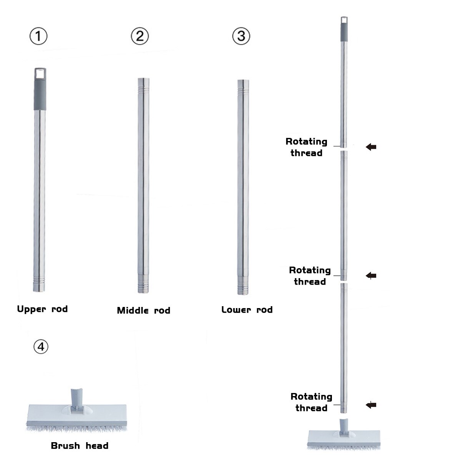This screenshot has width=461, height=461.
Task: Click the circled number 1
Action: point(38,36)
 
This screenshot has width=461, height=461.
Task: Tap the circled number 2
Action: point(140,36)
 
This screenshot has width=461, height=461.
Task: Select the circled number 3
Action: point(241,36)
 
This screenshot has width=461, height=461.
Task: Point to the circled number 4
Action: point(41,347)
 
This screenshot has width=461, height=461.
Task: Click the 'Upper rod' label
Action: point(42,309)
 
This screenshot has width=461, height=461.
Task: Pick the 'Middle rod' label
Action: point(144,310)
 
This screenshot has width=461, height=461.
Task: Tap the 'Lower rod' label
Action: point(247,310)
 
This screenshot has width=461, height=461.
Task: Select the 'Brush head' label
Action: point(80,446)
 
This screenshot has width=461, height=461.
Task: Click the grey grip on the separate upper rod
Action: point(40,95)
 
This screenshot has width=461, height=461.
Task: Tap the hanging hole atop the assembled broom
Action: point(344,20)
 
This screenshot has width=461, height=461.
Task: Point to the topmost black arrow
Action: point(371,147)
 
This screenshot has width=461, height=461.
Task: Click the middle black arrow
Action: point(371,275)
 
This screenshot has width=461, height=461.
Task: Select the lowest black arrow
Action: point(371,405)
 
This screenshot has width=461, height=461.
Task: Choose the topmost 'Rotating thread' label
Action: point(307,147)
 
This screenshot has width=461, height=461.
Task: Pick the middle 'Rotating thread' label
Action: point(310,276)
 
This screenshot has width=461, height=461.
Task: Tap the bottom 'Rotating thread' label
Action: point(312,402)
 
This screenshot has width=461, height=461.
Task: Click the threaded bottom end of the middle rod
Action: point(143,285)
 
